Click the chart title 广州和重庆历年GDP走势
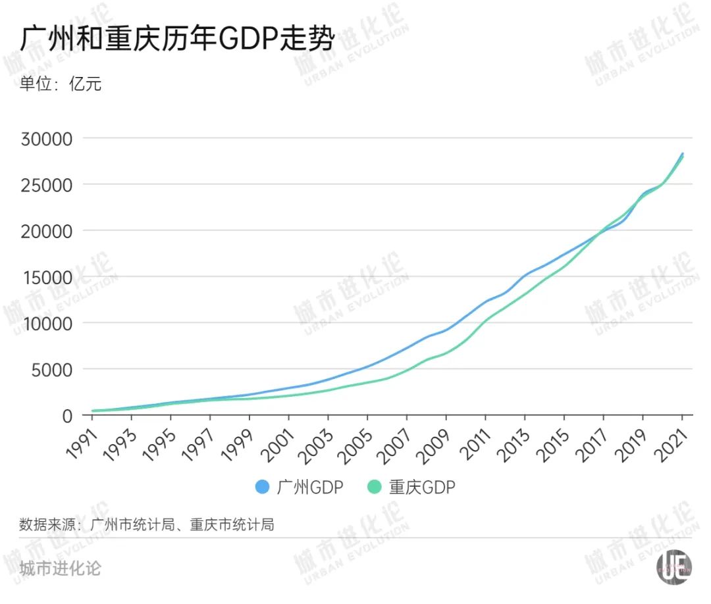[x=176, y=39]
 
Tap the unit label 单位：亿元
[x=61, y=84]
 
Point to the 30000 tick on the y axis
[x=47, y=139]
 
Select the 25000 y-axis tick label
[x=47, y=185]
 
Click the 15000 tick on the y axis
[x=47, y=277]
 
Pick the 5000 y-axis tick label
[x=52, y=369]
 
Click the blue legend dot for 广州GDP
[x=262, y=487]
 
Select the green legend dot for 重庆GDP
[x=375, y=487]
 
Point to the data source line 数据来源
[x=146, y=524]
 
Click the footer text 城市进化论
[x=61, y=568]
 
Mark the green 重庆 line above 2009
[x=446, y=353]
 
